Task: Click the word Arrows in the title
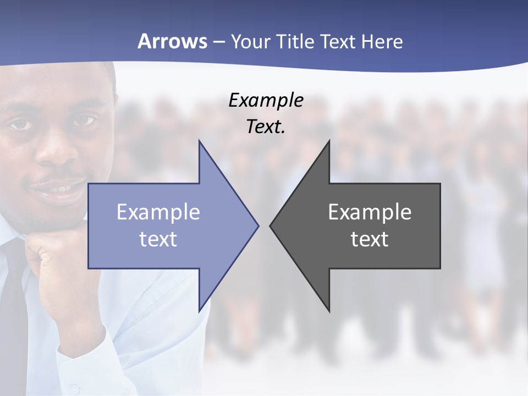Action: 172,41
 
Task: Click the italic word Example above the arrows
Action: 266,101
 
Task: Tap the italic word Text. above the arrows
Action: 266,127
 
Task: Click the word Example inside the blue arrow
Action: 158,212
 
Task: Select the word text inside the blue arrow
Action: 158,239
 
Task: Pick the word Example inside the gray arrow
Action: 370,212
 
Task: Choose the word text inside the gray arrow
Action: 370,239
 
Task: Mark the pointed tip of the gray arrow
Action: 271,226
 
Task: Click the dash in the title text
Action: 218,42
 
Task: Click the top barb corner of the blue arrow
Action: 199,141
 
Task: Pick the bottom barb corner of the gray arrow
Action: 329,311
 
